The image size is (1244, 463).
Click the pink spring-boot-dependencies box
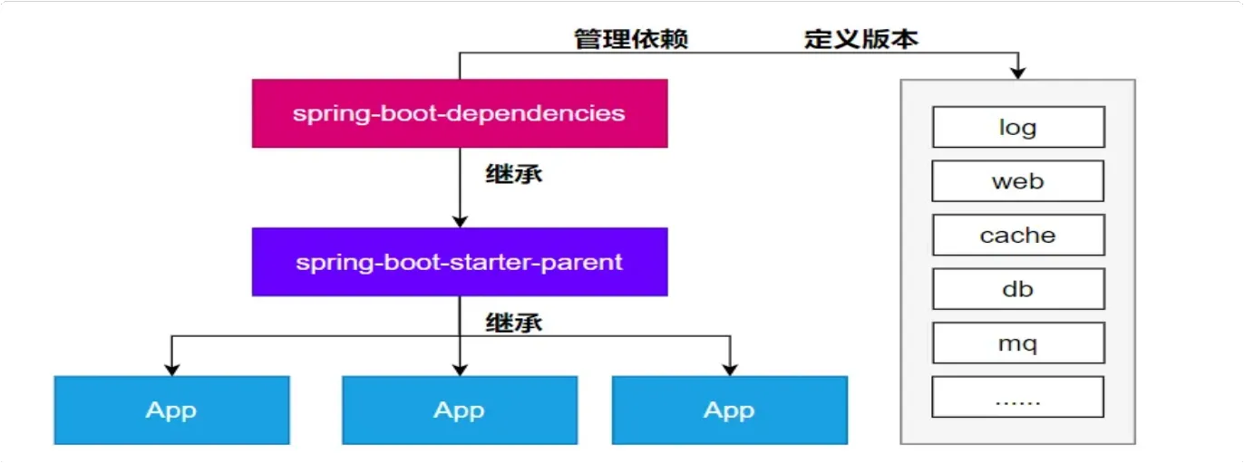[460, 113]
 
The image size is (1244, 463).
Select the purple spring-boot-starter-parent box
[460, 262]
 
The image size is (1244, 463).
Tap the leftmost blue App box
[171, 410]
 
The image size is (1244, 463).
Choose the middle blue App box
[460, 410]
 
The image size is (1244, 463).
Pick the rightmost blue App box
[730, 410]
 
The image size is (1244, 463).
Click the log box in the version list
[1018, 127]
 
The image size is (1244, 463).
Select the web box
[1018, 181]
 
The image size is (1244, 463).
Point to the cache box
[1018, 235]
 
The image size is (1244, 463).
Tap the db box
[1018, 289]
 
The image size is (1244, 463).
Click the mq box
[1018, 342]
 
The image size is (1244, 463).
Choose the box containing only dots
[1018, 396]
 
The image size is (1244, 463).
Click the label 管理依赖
[631, 39]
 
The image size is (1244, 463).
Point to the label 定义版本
[861, 39]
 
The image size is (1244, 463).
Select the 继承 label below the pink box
[514, 174]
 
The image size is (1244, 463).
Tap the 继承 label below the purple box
[514, 323]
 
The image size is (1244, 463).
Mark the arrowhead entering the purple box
[460, 221]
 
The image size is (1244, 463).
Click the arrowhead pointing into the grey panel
[1018, 72]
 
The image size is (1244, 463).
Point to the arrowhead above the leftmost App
[171, 370]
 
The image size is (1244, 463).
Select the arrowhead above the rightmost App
[730, 370]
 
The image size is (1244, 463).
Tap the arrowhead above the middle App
[460, 370]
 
